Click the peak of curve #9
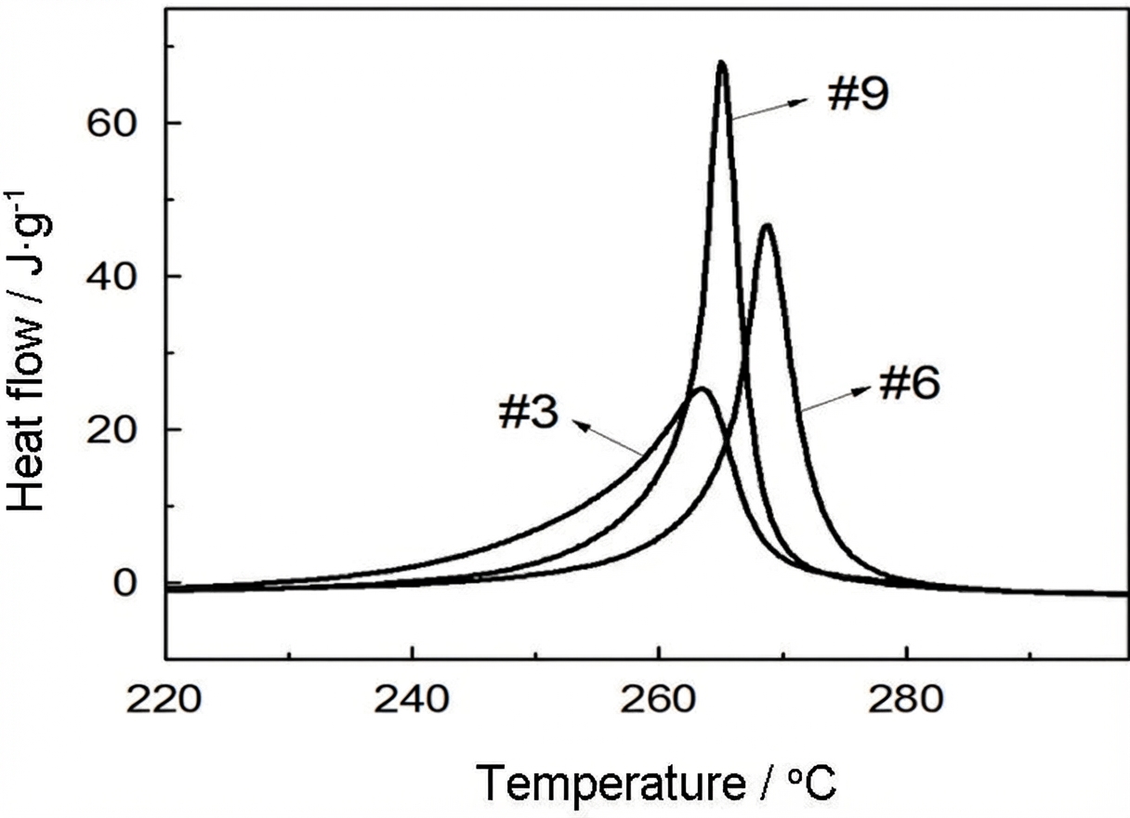[x=722, y=62]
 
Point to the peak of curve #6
[x=767, y=226]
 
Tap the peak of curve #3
[x=703, y=389]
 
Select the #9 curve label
[x=858, y=95]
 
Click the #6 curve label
[x=910, y=384]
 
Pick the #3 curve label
[x=529, y=412]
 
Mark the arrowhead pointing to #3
[x=583, y=425]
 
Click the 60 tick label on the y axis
[x=112, y=124]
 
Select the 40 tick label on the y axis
[x=112, y=276]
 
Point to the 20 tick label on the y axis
[x=112, y=430]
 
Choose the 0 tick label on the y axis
[x=125, y=584]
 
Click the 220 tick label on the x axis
[x=164, y=699]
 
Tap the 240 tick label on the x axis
[x=411, y=699]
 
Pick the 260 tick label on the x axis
[x=657, y=699]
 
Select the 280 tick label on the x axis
[x=905, y=699]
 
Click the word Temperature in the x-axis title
[x=611, y=784]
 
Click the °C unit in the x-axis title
[x=812, y=782]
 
